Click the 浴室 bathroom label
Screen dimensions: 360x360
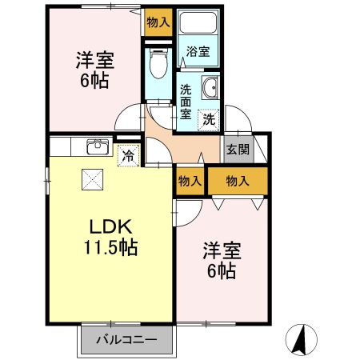point(198,52)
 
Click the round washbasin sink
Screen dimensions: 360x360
point(210,90)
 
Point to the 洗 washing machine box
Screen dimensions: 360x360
point(208,120)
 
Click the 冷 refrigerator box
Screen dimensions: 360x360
point(126,156)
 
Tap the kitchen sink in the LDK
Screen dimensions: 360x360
point(98,146)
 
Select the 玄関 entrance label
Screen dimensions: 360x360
point(237,150)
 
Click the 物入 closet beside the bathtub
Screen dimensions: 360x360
point(158,22)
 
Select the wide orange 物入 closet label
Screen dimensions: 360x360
point(238,182)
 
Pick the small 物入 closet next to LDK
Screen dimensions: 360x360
point(190,182)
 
